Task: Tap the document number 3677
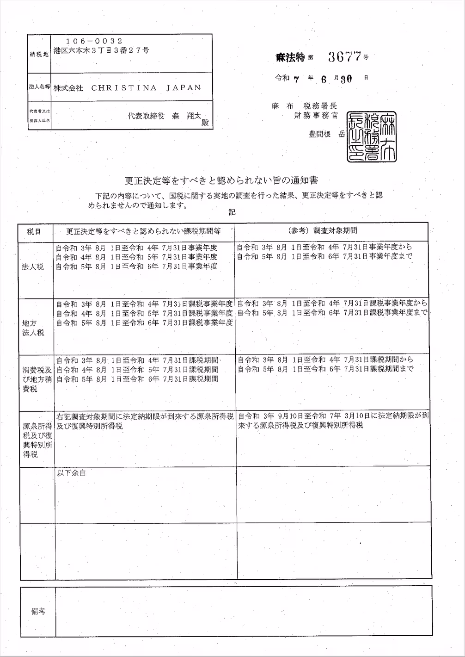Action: click(344, 57)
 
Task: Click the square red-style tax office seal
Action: click(371, 136)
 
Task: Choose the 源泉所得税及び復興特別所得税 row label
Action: click(37, 440)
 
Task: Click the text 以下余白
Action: click(71, 473)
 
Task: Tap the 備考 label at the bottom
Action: click(38, 611)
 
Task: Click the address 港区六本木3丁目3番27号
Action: click(101, 50)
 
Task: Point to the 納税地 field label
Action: click(38, 54)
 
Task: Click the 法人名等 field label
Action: click(39, 87)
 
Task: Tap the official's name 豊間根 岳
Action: click(327, 134)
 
